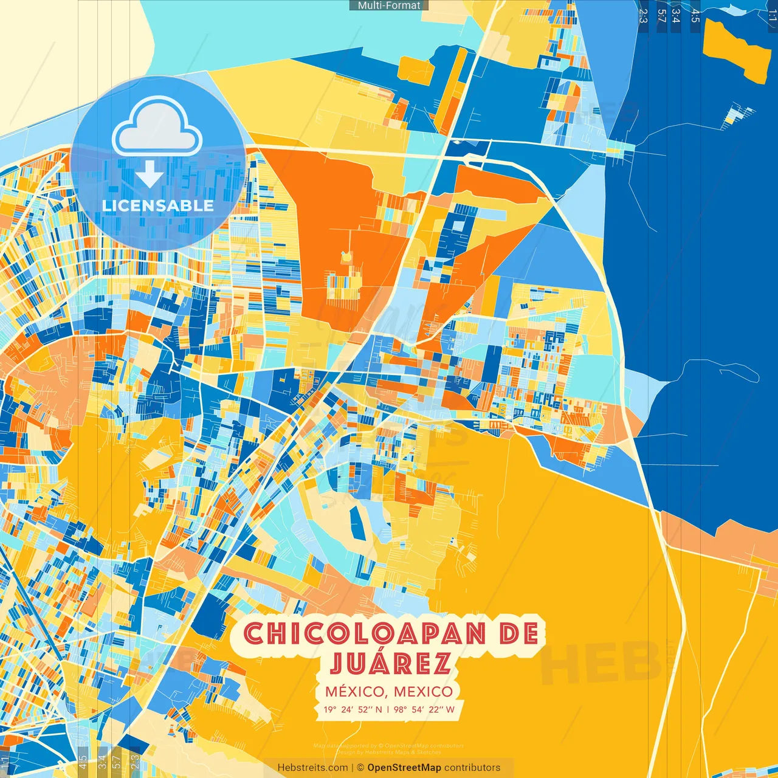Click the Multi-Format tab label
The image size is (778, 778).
(389, 5)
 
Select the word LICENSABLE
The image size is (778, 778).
(158, 205)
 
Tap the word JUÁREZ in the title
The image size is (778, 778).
(391, 663)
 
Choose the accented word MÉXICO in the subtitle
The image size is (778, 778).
(355, 692)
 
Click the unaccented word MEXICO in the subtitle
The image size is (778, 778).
(423, 692)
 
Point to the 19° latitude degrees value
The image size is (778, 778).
(330, 709)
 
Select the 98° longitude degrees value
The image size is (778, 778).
(399, 709)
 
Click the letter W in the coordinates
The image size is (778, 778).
(450, 709)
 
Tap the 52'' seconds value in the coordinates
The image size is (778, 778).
(365, 709)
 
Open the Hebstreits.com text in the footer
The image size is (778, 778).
(312, 768)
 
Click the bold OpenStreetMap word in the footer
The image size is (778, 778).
(404, 768)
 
